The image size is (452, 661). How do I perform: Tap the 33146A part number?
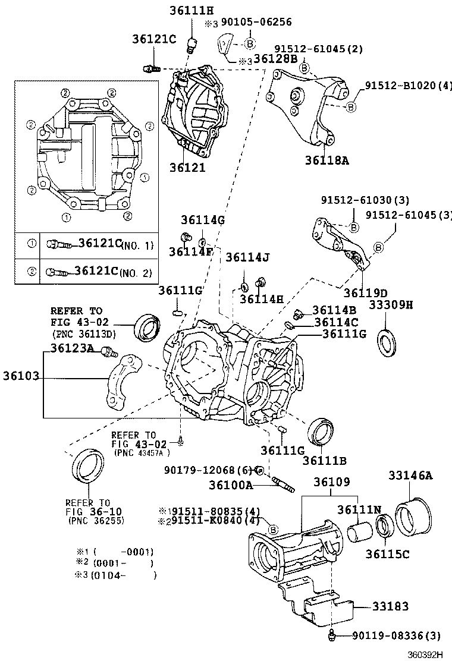(410, 475)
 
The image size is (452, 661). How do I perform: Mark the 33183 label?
(390, 607)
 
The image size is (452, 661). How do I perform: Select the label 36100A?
(231, 485)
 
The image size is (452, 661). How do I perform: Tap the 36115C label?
(388, 553)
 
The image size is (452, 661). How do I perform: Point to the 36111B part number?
(324, 459)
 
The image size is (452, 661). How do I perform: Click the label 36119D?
(365, 292)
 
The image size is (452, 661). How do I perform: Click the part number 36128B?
(275, 59)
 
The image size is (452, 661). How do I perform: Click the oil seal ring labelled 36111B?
(322, 432)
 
